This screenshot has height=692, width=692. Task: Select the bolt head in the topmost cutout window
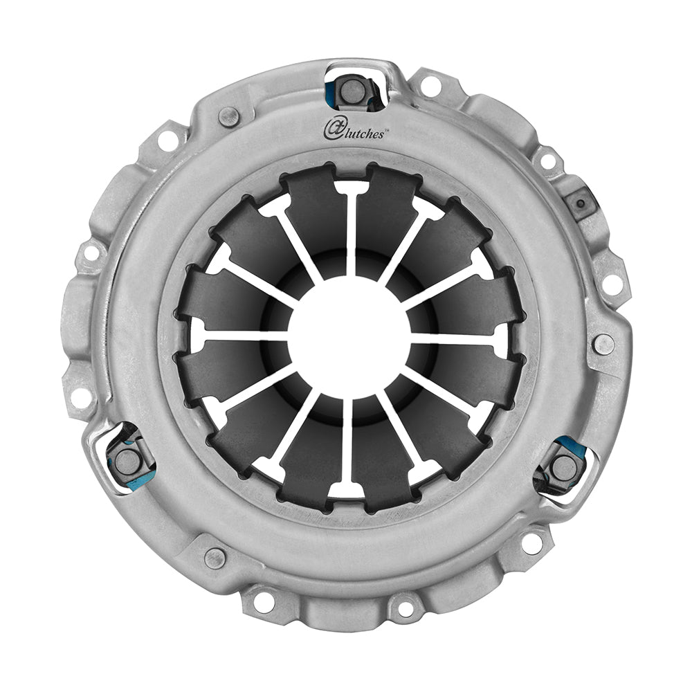[352, 89]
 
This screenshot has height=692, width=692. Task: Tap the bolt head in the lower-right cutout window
[565, 467]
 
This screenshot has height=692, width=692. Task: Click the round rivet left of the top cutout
[229, 116]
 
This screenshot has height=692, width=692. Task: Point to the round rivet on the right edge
[603, 343]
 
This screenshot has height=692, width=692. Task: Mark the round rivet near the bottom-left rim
[215, 557]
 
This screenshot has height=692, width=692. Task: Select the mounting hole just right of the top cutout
[430, 86]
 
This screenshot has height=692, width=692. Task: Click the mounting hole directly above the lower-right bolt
[612, 282]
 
